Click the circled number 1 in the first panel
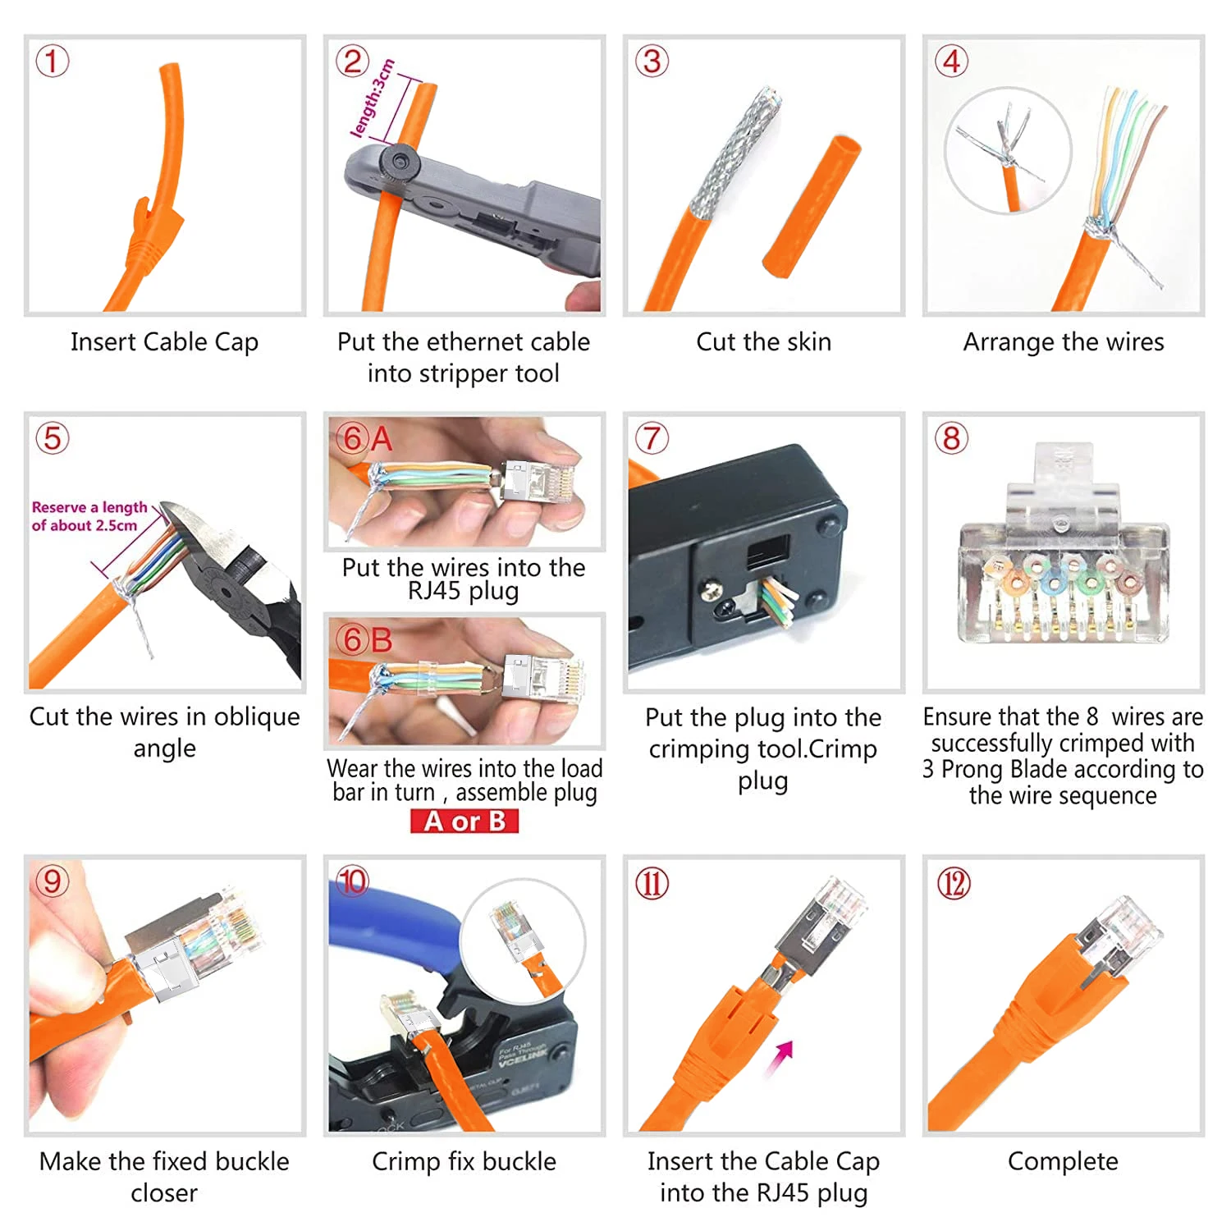pos(52,62)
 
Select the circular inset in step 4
pos(1008,151)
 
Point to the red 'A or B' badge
pos(464,821)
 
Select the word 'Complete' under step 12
pos(1063,1161)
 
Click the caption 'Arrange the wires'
pos(1063,341)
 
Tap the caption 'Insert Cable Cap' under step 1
pos(164,341)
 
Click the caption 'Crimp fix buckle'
pos(464,1161)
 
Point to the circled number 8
pos(951,438)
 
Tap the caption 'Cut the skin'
pos(763,341)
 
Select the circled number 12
pos(953,884)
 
